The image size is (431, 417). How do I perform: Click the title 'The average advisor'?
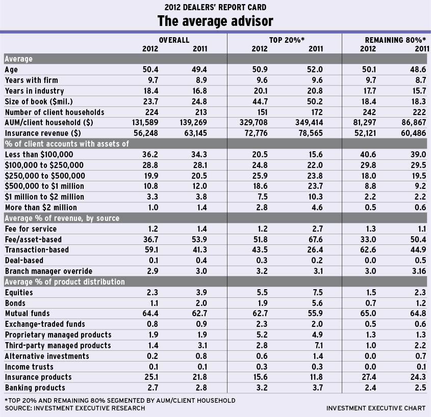(x=215, y=21)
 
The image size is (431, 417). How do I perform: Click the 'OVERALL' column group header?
(x=174, y=40)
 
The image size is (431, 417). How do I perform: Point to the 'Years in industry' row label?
(x=34, y=91)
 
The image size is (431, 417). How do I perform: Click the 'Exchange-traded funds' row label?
(x=45, y=324)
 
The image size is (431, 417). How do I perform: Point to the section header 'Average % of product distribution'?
(x=64, y=282)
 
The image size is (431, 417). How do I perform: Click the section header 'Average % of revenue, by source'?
(x=62, y=218)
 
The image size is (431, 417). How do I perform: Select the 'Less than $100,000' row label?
(x=39, y=154)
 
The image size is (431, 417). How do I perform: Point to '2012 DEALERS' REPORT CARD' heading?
(x=215, y=7)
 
